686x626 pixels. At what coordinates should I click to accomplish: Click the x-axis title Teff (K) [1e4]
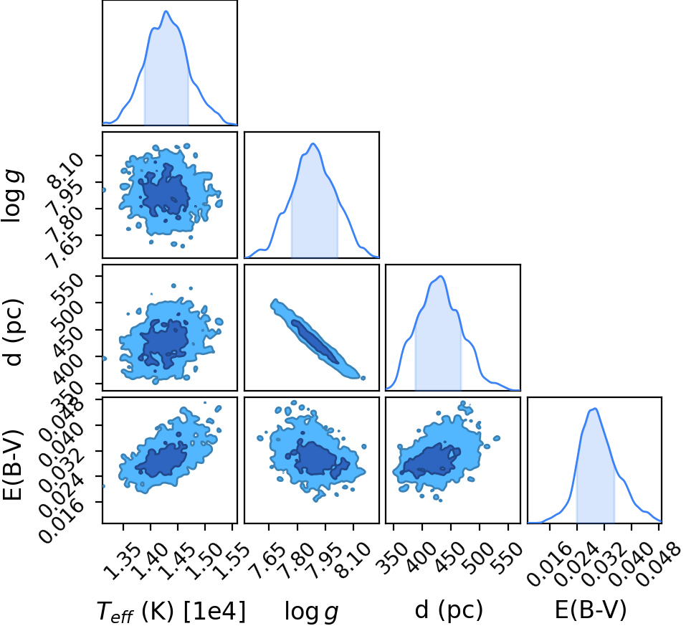point(171,611)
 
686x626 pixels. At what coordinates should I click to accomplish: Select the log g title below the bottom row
point(312,611)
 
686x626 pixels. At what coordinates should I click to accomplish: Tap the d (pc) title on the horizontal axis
point(449,610)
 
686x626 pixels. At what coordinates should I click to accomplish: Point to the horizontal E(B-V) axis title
point(591,610)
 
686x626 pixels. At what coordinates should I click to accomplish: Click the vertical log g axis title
point(11,196)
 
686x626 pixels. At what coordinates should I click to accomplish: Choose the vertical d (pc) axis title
point(13,333)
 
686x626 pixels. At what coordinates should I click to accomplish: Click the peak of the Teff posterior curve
point(166,11)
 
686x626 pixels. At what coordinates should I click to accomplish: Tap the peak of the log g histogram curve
point(313,143)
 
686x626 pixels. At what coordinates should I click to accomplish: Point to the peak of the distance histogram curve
point(441,276)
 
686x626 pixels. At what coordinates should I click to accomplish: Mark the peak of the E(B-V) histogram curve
point(595,409)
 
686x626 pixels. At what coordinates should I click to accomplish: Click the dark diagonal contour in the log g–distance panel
point(315,341)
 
